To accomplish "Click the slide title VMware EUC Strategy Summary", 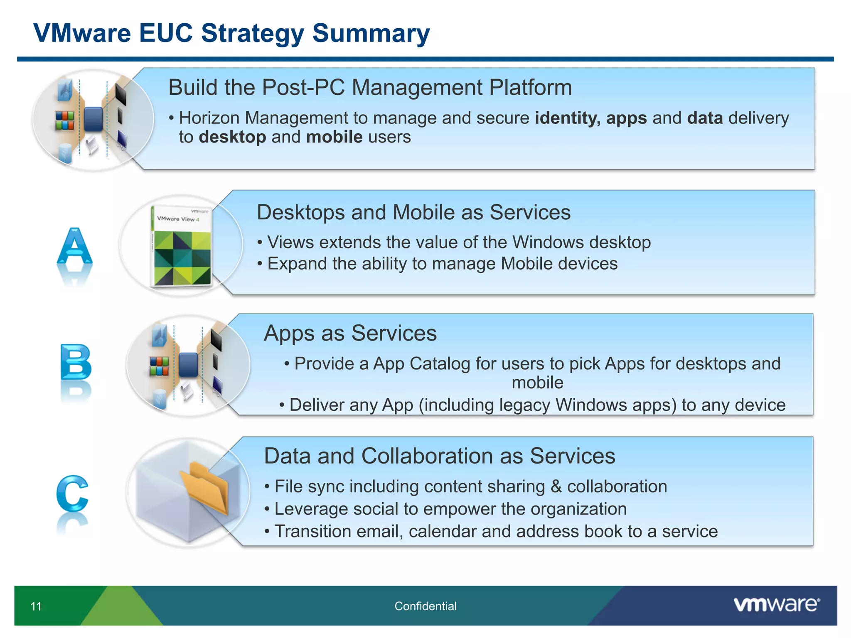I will [x=231, y=33].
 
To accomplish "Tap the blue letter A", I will [x=75, y=247].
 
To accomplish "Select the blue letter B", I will [x=76, y=362].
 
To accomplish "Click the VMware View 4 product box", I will [x=182, y=246].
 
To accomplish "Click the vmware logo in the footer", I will [x=776, y=605].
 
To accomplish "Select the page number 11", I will [x=36, y=606].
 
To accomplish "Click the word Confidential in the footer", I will [x=425, y=606].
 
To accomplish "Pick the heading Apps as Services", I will [x=350, y=333].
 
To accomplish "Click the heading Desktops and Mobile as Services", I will [x=413, y=213].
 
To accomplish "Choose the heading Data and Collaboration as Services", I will [x=439, y=456].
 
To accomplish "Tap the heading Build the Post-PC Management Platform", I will [x=370, y=88].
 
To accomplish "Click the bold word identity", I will [x=567, y=118].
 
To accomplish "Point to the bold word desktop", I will [x=232, y=137].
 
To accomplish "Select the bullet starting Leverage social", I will [x=450, y=509].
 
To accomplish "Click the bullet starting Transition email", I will [x=496, y=532].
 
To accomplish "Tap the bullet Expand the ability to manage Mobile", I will [x=442, y=264].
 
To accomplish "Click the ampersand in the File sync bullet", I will [x=556, y=487].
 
